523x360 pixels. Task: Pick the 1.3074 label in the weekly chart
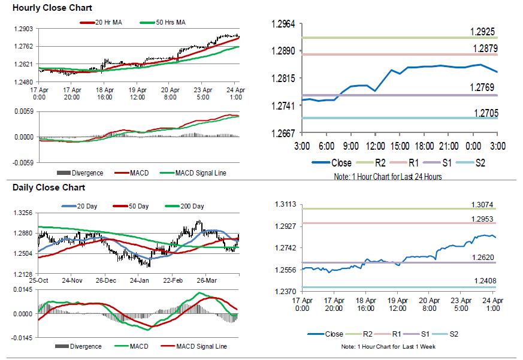tap(482, 205)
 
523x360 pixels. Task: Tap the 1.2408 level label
tap(482, 281)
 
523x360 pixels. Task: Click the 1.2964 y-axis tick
tap(283, 24)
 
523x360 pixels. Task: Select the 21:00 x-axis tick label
tap(449, 146)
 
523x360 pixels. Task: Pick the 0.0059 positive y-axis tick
tap(23, 111)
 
